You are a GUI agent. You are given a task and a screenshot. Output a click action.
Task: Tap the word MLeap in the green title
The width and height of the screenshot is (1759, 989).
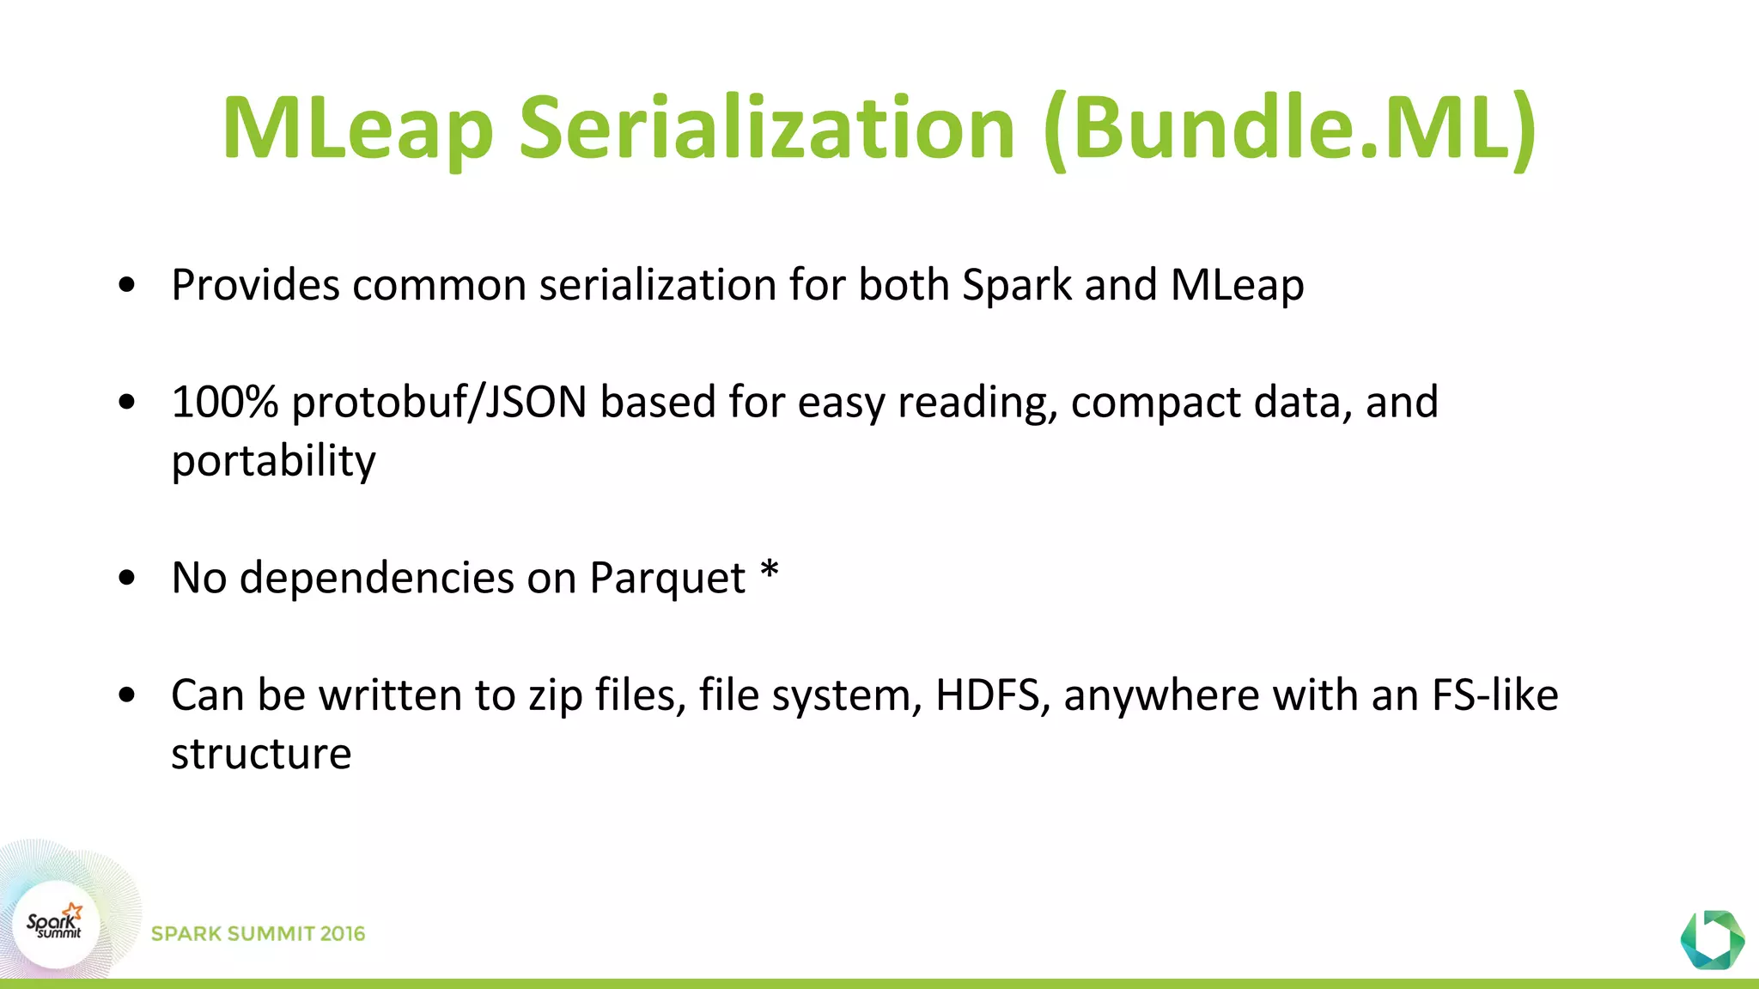(x=357, y=129)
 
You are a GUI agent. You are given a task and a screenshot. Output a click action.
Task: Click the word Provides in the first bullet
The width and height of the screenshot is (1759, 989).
(x=255, y=285)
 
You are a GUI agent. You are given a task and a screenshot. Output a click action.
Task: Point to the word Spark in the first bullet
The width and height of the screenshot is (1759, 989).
(x=1017, y=285)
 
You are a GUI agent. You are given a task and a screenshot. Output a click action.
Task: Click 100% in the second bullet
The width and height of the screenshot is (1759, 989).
(x=224, y=402)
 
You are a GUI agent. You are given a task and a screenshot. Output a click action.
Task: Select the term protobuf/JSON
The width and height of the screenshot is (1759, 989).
(x=439, y=402)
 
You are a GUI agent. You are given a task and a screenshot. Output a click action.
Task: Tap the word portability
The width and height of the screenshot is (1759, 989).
(x=273, y=461)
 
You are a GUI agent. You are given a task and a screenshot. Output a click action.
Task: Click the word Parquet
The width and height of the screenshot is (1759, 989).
(x=667, y=578)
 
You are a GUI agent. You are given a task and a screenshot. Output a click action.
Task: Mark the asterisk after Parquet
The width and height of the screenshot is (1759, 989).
(x=770, y=570)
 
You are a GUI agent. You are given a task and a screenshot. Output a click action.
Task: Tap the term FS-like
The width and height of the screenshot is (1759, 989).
(x=1494, y=695)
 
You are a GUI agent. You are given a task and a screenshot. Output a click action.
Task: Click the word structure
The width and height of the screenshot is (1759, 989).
(x=261, y=754)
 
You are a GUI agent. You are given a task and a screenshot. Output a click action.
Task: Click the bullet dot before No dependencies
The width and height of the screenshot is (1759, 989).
(x=127, y=578)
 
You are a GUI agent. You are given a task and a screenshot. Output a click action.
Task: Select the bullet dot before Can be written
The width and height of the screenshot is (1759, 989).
(x=127, y=695)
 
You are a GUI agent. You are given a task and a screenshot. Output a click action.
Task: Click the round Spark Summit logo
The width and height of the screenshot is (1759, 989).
(x=56, y=925)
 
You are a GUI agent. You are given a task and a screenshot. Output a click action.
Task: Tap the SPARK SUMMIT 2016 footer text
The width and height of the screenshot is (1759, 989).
(x=258, y=933)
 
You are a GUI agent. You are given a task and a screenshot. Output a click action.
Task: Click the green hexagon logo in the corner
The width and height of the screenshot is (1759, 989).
(x=1712, y=939)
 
